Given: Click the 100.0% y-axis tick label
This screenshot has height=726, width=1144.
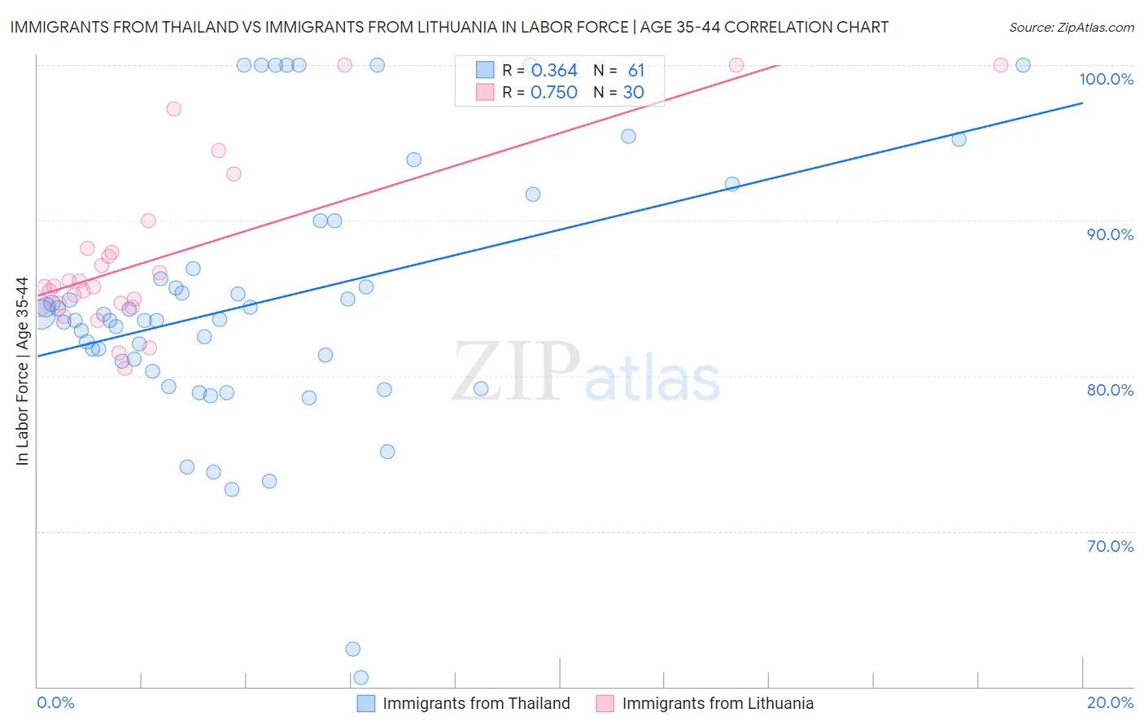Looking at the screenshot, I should click(x=1106, y=79).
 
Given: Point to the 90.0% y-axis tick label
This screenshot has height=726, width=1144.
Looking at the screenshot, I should click(x=1110, y=234).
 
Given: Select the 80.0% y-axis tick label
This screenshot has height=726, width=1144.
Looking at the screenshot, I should click(x=1110, y=390).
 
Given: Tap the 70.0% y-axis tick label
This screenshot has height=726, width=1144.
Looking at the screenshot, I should click(x=1110, y=546).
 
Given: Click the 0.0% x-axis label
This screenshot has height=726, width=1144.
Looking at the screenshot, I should click(x=55, y=702).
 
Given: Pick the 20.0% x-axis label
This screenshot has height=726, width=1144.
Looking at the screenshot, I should click(x=1110, y=702).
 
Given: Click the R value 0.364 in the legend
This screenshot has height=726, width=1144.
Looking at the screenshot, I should click(x=554, y=71).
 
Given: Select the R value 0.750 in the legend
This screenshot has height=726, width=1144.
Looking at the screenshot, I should click(x=554, y=93).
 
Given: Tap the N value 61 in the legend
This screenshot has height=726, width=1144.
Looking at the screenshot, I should click(x=635, y=71).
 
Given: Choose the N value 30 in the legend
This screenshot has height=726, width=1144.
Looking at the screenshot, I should click(x=633, y=93).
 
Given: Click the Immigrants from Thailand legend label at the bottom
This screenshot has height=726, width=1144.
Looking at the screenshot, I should click(x=476, y=703).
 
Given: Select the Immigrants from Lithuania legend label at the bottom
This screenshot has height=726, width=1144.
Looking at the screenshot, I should click(x=718, y=703).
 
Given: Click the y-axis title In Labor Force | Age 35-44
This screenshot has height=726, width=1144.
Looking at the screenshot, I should click(x=22, y=371).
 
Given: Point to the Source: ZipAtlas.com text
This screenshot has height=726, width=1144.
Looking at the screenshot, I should click(x=1071, y=28).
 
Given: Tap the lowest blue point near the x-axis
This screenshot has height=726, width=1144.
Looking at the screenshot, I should click(x=360, y=677).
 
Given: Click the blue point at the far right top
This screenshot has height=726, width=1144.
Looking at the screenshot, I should click(x=1023, y=65).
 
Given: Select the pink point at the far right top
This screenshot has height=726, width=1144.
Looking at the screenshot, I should click(x=1001, y=65).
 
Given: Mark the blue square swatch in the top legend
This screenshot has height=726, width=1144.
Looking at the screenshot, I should click(x=485, y=70).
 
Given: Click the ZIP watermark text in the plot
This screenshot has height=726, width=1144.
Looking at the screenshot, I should click(x=516, y=371).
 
